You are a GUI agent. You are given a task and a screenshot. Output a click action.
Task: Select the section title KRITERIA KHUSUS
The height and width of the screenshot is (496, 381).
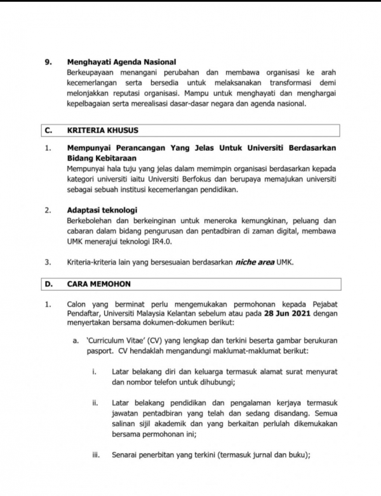click(103, 130)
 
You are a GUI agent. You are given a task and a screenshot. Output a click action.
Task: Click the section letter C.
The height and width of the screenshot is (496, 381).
click(48, 130)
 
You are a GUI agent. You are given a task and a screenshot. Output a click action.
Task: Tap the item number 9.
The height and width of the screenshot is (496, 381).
click(47, 62)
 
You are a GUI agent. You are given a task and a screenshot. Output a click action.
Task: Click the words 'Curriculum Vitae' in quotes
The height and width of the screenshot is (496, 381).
click(115, 341)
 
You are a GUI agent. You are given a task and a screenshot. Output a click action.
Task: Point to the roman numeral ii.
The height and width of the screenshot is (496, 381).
click(97, 403)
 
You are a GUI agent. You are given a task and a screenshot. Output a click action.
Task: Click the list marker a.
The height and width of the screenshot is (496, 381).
click(74, 341)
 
